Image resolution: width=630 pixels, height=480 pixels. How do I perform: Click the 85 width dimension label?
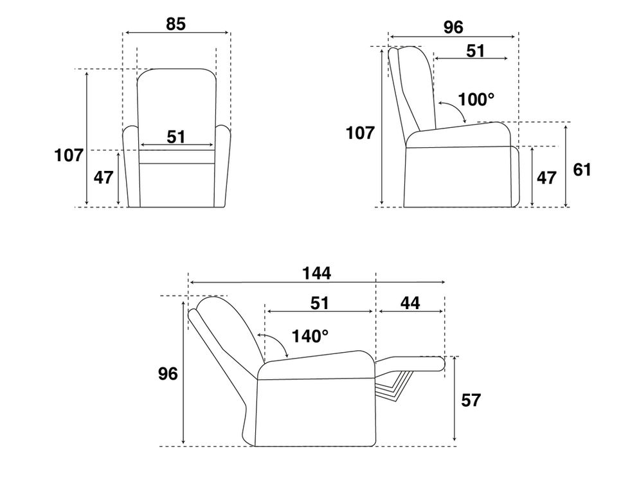pyautogui.click(x=175, y=24)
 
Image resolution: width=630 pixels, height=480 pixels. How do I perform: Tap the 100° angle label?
pyautogui.click(x=476, y=100)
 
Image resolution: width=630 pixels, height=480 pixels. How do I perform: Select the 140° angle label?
pyautogui.click(x=310, y=336)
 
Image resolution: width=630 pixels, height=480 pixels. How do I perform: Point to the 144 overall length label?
pyautogui.click(x=316, y=272)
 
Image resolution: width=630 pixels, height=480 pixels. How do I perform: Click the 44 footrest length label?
pyautogui.click(x=410, y=303)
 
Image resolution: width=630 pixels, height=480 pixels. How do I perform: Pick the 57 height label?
pyautogui.click(x=471, y=400)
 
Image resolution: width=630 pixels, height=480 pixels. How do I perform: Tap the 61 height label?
pyautogui.click(x=582, y=170)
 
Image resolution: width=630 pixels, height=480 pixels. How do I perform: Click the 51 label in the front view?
pyautogui.click(x=175, y=136)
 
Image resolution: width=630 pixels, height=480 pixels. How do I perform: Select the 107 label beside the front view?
pyautogui.click(x=69, y=155)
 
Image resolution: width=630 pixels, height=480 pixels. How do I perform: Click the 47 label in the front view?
pyautogui.click(x=104, y=177)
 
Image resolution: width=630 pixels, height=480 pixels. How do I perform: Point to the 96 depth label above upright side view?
pyautogui.click(x=453, y=28)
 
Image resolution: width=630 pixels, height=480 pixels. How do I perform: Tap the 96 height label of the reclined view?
pyautogui.click(x=168, y=375)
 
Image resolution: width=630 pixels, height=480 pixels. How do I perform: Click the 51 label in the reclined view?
pyautogui.click(x=319, y=303)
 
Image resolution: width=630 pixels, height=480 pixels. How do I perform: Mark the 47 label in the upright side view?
pyautogui.click(x=546, y=177)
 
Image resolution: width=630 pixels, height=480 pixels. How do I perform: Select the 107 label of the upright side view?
pyautogui.click(x=360, y=133)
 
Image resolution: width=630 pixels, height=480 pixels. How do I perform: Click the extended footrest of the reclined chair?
pyautogui.click(x=411, y=364)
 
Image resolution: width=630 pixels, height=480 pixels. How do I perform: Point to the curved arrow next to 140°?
pyautogui.click(x=273, y=344)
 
